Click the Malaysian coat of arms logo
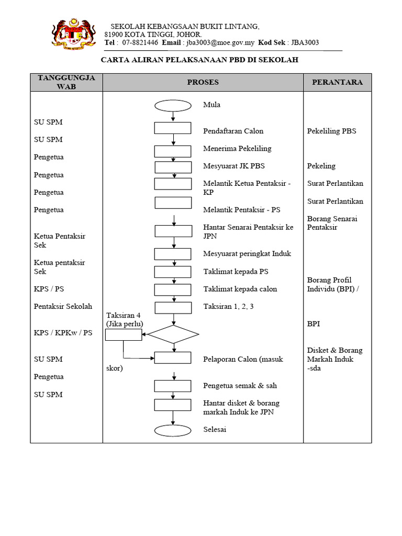pyautogui.click(x=73, y=33)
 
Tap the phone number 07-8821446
pyautogui.click(x=140, y=43)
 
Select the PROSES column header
pyautogui.click(x=203, y=82)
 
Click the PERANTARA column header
pyautogui.click(x=337, y=82)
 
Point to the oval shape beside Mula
pyautogui.click(x=173, y=106)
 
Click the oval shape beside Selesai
pyautogui.click(x=173, y=430)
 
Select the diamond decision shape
pyautogui.click(x=173, y=334)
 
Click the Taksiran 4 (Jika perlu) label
pyautogui.click(x=125, y=319)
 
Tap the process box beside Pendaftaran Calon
pyautogui.click(x=173, y=128)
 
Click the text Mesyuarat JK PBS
pyautogui.click(x=234, y=166)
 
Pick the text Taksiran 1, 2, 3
pyautogui.click(x=228, y=307)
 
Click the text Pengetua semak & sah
pyautogui.click(x=240, y=386)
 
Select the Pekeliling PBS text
pyautogui.click(x=331, y=131)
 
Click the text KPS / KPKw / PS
pyautogui.click(x=63, y=332)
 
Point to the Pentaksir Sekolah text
pyautogui.click(x=63, y=306)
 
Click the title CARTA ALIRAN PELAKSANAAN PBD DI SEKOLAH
pyautogui.click(x=199, y=60)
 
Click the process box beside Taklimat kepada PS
pyautogui.click(x=173, y=272)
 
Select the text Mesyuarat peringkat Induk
pyautogui.click(x=247, y=254)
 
